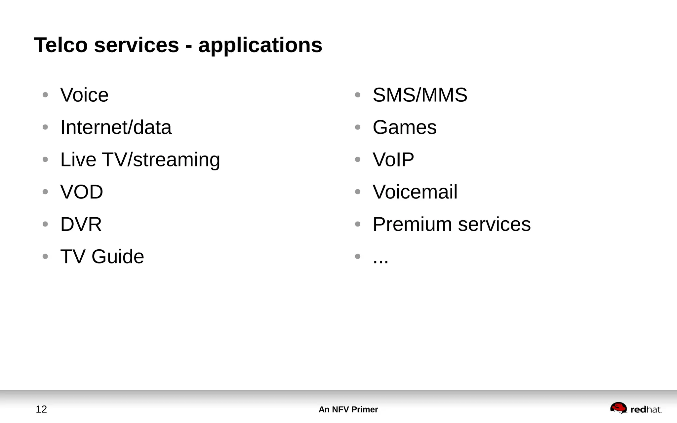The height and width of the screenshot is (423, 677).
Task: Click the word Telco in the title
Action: pyautogui.click(x=61, y=45)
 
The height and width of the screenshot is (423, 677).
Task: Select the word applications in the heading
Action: pyautogui.click(x=260, y=46)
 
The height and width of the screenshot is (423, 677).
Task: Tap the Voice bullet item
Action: pyautogui.click(x=84, y=95)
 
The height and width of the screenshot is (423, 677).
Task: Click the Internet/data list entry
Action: pyautogui.click(x=116, y=127)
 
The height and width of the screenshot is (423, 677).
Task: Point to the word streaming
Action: pyautogui.click(x=177, y=160)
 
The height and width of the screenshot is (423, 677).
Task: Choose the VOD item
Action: pyautogui.click(x=82, y=192)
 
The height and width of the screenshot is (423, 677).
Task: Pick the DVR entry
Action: pyautogui.click(x=81, y=224)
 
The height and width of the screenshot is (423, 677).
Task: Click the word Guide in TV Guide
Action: pyautogui.click(x=118, y=257)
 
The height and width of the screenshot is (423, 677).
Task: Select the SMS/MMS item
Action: pyautogui.click(x=420, y=95)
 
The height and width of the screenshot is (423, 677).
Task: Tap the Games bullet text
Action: pyautogui.click(x=404, y=127)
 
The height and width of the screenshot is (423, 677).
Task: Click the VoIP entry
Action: pyautogui.click(x=393, y=160)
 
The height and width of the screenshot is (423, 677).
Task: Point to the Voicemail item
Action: pyautogui.click(x=415, y=192)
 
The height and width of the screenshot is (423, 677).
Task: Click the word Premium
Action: pyautogui.click(x=412, y=224)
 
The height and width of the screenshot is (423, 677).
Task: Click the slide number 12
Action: pyautogui.click(x=41, y=409)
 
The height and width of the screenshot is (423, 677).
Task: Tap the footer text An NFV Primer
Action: pyautogui.click(x=348, y=409)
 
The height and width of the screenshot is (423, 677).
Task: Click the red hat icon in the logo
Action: pyautogui.click(x=618, y=408)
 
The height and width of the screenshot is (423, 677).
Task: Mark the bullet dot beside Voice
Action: pyautogui.click(x=45, y=95)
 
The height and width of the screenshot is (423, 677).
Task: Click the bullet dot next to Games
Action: pyautogui.click(x=357, y=127)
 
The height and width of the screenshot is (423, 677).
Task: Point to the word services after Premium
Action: pyautogui.click(x=494, y=224)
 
